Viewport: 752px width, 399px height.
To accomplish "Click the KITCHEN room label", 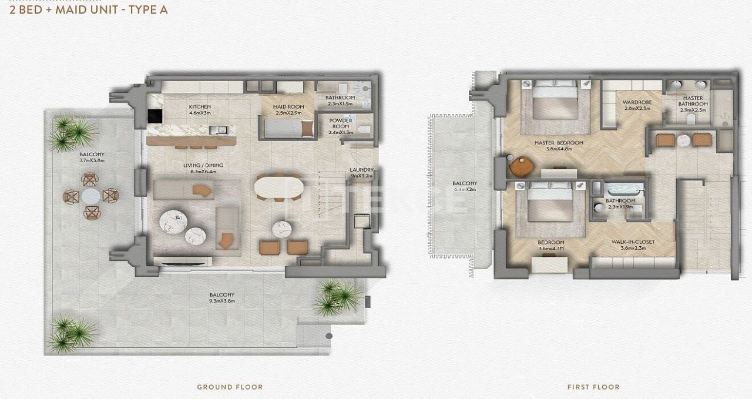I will tap(200, 106).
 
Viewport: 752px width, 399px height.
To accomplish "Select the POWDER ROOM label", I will tap(341, 123).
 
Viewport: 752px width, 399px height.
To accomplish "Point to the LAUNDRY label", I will tap(361, 170).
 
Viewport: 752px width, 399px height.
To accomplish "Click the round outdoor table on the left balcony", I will tap(90, 196).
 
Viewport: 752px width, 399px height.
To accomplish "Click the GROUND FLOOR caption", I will tap(230, 387).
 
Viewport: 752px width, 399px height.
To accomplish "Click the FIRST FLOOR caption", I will tap(593, 387).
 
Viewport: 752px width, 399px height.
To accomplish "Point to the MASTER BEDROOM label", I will tap(559, 143).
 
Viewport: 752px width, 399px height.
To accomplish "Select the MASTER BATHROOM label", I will tap(693, 101).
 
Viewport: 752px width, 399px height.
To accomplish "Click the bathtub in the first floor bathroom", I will tap(625, 190).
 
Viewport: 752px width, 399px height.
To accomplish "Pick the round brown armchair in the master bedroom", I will tap(521, 166).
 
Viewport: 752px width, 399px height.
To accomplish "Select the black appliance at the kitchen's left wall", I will tap(154, 116).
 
